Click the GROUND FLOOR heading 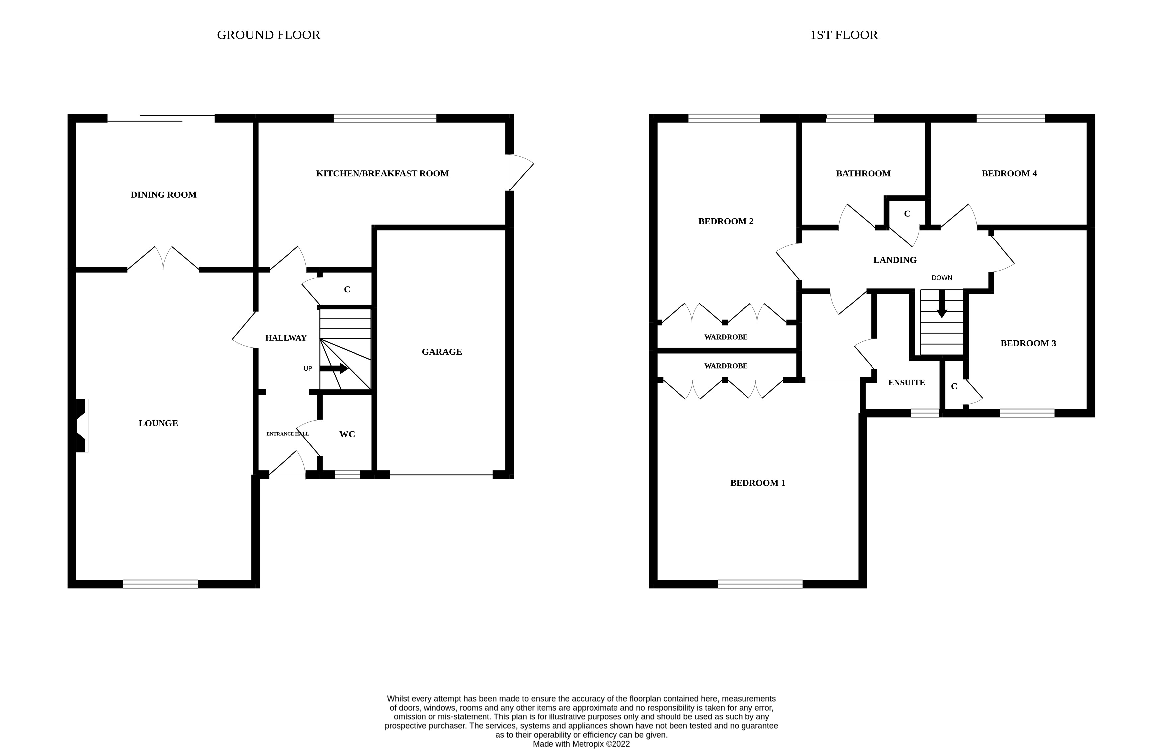tap(268, 35)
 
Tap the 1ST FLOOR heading tap(844, 35)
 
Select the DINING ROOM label tap(163, 194)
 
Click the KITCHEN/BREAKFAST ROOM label tap(382, 173)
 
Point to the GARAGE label tap(441, 352)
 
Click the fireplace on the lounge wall tap(82, 426)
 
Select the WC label tap(347, 434)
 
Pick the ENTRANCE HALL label tap(287, 434)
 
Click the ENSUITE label tap(906, 383)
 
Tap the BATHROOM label tap(863, 173)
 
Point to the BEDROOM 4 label tap(1009, 173)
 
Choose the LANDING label tap(895, 260)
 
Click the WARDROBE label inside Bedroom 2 tap(725, 337)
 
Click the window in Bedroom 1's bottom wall tap(760, 584)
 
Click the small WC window tap(348, 474)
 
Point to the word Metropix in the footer tap(587, 744)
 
